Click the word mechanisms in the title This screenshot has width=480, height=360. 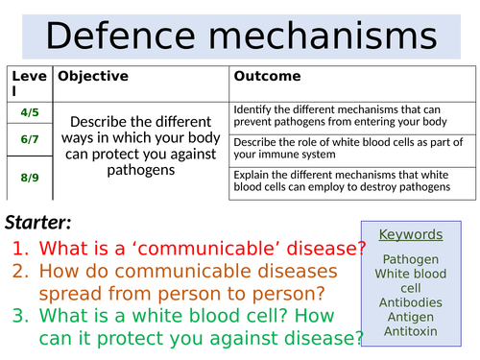tap(324, 36)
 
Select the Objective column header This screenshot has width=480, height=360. tap(92, 75)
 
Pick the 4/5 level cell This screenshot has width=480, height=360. tap(31, 112)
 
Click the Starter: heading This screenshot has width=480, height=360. tap(42, 224)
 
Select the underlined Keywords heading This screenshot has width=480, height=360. tap(411, 234)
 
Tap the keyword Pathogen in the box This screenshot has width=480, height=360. tap(411, 259)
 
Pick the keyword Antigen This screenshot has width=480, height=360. tap(411, 317)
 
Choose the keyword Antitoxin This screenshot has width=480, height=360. tap(411, 331)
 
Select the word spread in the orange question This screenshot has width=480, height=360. tap(84, 293)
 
